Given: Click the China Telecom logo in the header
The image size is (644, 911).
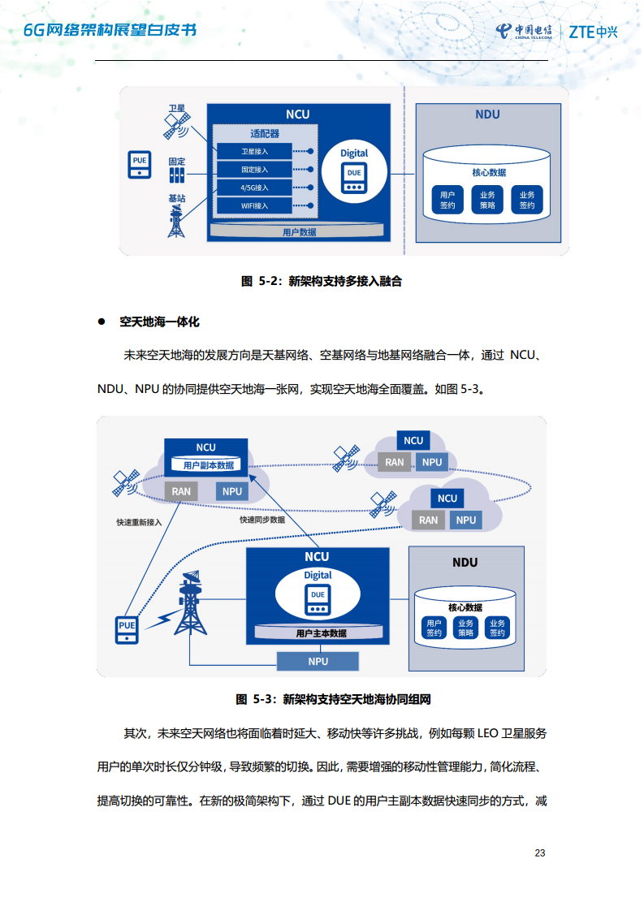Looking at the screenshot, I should pos(524,32).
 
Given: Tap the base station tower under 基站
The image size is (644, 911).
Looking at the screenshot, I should pos(176,221).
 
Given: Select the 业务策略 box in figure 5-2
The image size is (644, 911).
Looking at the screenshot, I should pos(487,200).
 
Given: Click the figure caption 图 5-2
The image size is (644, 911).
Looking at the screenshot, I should pos(322,282).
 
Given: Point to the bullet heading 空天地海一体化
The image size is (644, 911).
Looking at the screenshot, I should pos(159,322).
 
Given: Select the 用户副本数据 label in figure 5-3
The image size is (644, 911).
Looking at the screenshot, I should pos(208,465).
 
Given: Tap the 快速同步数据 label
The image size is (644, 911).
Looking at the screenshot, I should pos(261,519).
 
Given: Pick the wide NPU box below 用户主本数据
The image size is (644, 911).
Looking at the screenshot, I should pos(318,661).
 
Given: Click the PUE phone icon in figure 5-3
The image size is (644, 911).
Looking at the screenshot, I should pos(127,630).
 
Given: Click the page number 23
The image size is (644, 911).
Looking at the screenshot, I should pos(540,853).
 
